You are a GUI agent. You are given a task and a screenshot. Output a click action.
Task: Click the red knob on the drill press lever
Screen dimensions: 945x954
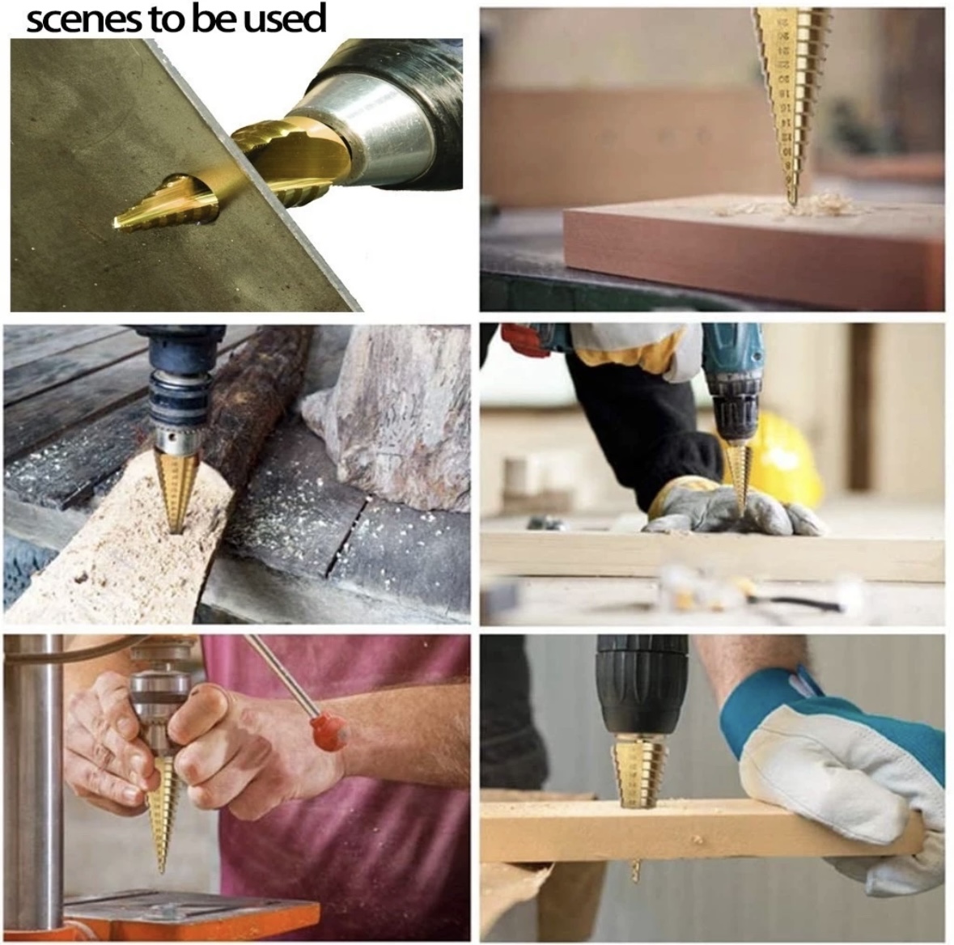(x=329, y=730)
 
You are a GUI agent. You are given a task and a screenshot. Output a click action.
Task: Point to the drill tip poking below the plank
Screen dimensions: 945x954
(x=635, y=871)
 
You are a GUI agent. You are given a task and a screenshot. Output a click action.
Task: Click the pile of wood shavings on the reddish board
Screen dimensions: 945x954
(x=817, y=204)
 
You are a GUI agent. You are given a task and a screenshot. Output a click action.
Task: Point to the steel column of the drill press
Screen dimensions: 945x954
(x=32, y=777)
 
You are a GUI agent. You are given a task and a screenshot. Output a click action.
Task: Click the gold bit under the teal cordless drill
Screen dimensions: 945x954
(x=737, y=473)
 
